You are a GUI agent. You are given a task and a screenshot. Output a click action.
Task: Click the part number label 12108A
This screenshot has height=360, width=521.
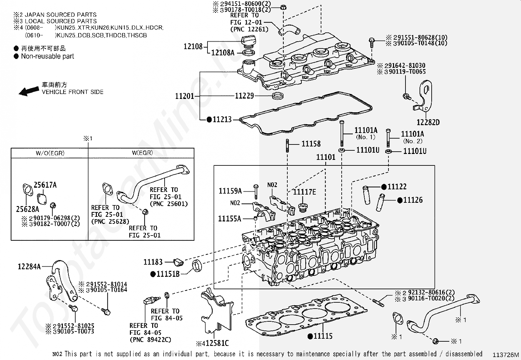223,52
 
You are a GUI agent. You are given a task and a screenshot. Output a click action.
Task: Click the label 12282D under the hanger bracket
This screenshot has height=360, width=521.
428,122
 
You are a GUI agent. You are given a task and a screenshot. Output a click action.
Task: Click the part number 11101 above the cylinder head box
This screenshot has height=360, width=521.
326,157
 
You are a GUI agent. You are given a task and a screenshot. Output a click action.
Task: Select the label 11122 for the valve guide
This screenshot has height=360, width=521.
397,187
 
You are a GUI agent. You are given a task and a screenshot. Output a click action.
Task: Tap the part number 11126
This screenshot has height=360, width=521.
413,200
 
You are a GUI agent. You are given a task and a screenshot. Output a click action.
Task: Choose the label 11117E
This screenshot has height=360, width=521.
304,192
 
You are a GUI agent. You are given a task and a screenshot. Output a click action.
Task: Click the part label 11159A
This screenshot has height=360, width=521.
230,191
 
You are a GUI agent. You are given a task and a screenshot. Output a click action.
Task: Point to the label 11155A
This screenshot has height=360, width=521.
229,218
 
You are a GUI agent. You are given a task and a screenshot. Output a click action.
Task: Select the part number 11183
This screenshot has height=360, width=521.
153,262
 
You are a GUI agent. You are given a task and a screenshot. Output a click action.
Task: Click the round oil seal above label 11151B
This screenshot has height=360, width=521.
197,265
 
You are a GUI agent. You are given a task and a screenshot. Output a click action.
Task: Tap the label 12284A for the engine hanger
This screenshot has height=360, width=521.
29,267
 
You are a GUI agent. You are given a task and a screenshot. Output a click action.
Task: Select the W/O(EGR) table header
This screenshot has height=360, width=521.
50,153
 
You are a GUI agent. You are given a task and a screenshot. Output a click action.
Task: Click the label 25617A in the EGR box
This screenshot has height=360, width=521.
45,185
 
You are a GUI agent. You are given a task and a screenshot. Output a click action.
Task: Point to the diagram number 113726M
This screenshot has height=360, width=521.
506,355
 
